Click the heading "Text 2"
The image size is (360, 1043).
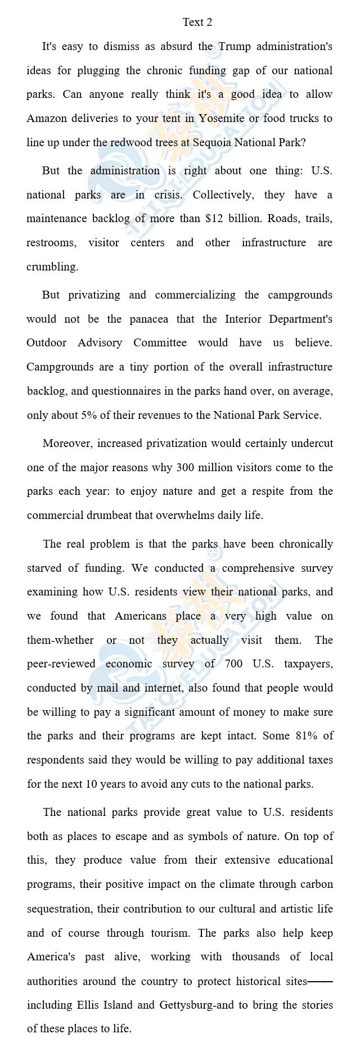[197, 22]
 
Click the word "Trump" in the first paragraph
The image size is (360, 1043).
[235, 47]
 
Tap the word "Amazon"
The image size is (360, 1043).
[47, 119]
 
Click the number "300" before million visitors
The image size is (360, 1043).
[186, 468]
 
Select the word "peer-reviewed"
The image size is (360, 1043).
[61, 664]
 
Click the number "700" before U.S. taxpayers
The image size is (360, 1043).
[233, 664]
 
